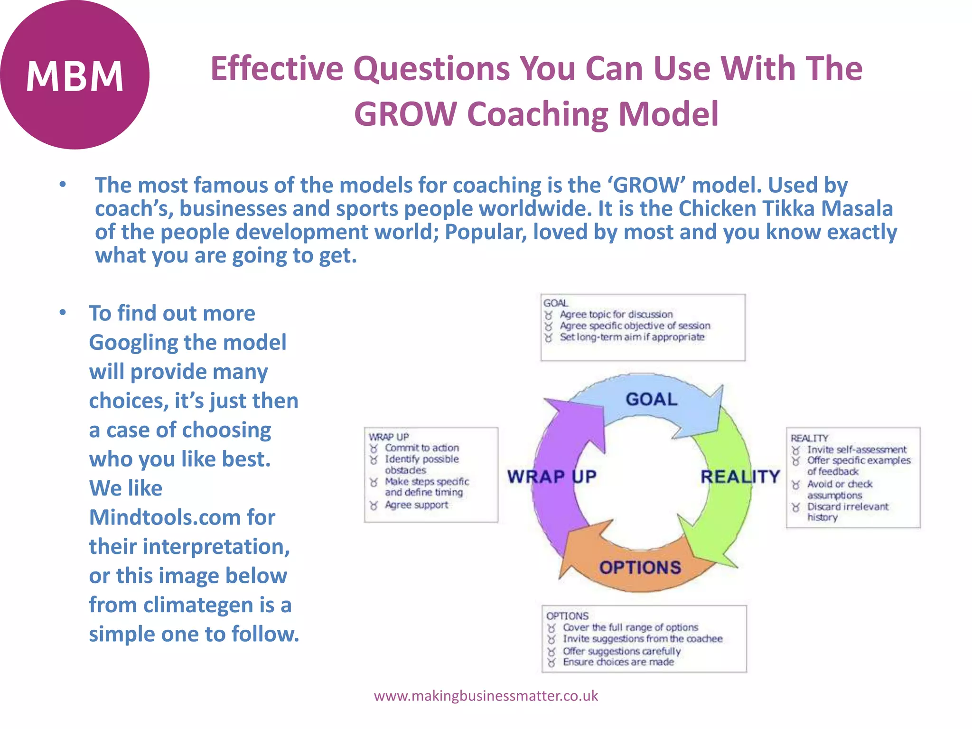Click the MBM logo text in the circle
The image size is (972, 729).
point(75,76)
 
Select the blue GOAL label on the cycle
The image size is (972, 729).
point(651,399)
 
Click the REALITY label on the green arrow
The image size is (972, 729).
point(740,477)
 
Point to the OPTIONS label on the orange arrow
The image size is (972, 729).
point(640,567)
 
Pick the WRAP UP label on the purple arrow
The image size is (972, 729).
point(551,477)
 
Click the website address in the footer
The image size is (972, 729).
point(486,696)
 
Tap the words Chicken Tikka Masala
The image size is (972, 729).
point(785,209)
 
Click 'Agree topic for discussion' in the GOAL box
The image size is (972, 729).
point(616,314)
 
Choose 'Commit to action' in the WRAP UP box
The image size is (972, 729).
point(421,448)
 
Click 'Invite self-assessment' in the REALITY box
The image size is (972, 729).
point(856,449)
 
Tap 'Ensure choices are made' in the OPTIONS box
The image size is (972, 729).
point(618,662)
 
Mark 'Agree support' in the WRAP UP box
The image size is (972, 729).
point(416,505)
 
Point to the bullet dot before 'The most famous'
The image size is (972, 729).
point(63,185)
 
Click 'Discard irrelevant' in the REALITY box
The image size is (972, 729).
point(847,506)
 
